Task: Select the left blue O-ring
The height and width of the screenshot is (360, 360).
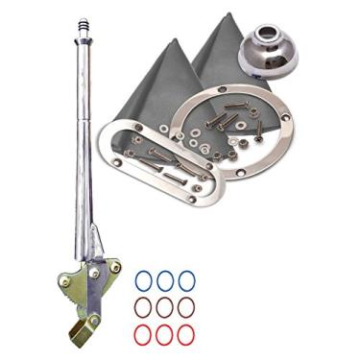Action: [143, 280]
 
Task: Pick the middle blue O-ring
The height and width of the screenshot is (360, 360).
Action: [165, 280]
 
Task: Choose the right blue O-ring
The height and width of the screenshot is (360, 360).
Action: [187, 280]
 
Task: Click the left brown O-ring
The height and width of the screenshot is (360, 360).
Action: [143, 307]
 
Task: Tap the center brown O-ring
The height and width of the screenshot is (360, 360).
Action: [165, 307]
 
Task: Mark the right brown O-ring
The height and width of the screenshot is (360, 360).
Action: [187, 307]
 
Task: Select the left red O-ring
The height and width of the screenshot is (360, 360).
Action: [143, 334]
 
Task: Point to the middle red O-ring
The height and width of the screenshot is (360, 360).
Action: [165, 334]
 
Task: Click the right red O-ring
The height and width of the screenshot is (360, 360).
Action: [187, 334]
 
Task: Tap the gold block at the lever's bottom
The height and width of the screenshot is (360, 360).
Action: [81, 331]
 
